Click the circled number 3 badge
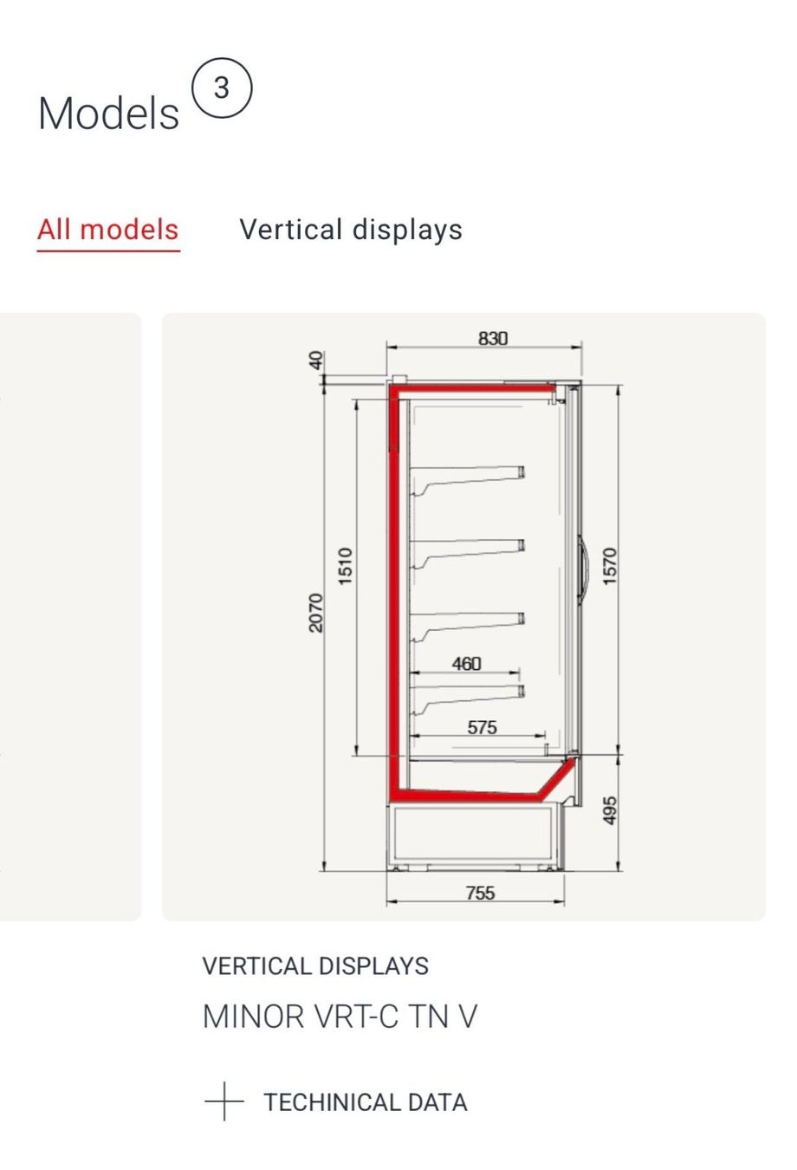(x=222, y=88)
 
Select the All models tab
(x=108, y=230)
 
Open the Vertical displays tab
(x=351, y=230)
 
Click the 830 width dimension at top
(x=493, y=339)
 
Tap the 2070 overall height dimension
(x=316, y=613)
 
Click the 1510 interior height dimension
(x=345, y=566)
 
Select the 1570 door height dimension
(x=609, y=566)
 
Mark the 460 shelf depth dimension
(x=466, y=663)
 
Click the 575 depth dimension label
(x=482, y=727)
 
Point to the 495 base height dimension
(x=609, y=810)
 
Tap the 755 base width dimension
(x=480, y=893)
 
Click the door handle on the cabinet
(x=584, y=566)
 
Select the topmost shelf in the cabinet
(x=468, y=478)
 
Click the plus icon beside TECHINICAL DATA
(x=224, y=1102)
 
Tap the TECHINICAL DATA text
(x=366, y=1102)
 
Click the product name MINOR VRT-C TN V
(x=340, y=1017)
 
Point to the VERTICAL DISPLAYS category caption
(x=315, y=965)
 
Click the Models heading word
(x=108, y=114)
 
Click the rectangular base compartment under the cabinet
(x=475, y=834)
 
